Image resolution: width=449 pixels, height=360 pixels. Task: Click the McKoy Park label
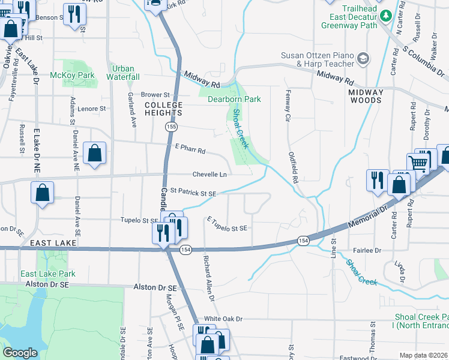72,75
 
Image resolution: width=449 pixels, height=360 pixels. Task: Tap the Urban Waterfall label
124,73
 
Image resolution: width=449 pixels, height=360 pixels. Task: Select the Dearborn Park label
234,99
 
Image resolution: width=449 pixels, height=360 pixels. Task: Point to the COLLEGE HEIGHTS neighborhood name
163,109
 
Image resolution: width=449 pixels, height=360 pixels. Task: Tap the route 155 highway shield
172,127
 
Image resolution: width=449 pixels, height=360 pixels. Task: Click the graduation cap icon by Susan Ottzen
363,58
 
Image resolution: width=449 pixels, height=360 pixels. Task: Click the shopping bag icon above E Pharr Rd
95,154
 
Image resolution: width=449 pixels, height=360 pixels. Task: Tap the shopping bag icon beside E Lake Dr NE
43,194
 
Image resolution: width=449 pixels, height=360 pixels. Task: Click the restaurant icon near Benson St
74,13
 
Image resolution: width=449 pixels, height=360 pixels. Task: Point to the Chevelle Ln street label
209,175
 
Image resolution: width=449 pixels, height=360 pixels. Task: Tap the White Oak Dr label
223,319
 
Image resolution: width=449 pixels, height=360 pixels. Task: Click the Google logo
20,353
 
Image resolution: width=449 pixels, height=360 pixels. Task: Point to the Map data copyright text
423,355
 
